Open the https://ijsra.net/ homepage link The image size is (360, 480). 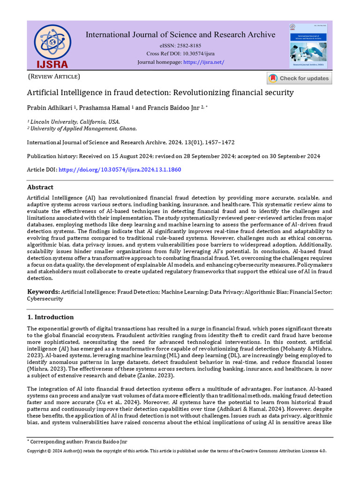[203, 62]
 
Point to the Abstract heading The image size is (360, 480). [40, 187]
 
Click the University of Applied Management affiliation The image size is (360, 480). [83, 128]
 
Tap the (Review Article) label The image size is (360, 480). [54, 76]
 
